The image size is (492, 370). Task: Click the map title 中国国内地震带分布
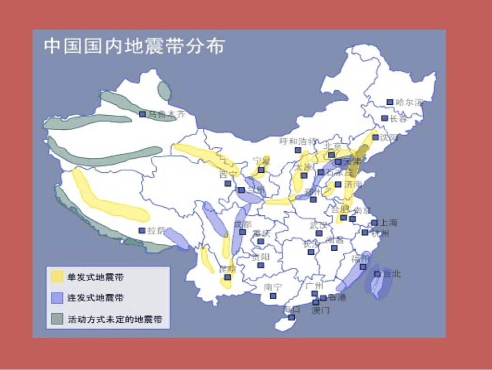pos(134,46)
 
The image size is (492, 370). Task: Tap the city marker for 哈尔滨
pos(390,102)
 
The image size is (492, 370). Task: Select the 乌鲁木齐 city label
pos(166,114)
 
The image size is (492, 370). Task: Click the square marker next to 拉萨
pos(142,230)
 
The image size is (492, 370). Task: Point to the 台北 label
pos(392,273)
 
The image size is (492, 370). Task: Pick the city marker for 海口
pos(292,317)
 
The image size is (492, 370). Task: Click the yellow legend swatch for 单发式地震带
pos(56,277)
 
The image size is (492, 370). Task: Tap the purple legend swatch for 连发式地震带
pos(56,298)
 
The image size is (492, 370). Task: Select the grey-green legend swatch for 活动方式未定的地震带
pos(56,319)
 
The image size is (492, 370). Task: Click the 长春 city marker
pos(385,118)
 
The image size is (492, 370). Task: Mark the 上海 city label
pos(388,223)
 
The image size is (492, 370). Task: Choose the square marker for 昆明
pos(227,277)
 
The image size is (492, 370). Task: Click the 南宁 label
pos(273,286)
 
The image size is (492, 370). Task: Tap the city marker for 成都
pos(242,232)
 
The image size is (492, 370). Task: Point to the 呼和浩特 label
pos(297,141)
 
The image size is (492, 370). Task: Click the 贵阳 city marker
pos(261,265)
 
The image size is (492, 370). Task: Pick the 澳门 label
pos(320,310)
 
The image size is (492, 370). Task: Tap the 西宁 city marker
pos(227,183)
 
